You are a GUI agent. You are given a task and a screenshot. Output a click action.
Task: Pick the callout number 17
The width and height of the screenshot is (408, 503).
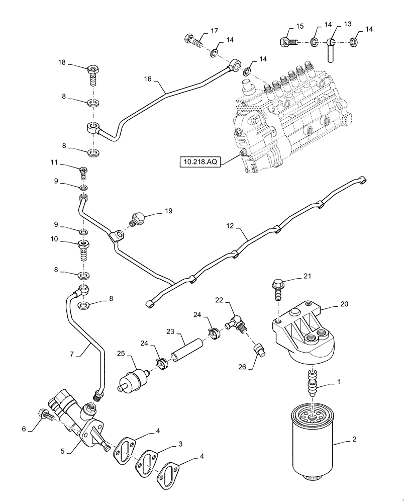coord(214,31)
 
